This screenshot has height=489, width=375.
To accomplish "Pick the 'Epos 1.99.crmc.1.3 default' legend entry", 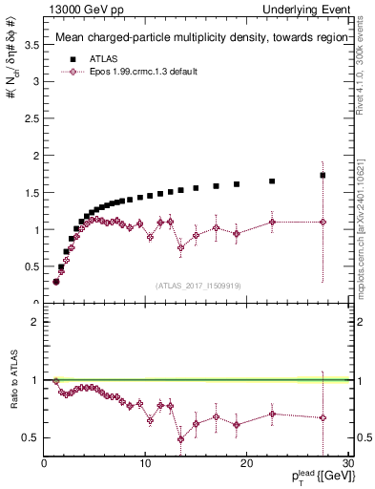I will (x=144, y=72).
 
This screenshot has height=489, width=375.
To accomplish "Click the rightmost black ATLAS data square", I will (x=323, y=175).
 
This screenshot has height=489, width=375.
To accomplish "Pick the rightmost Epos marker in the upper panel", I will (x=323, y=222).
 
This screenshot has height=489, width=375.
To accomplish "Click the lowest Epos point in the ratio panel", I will (x=180, y=439).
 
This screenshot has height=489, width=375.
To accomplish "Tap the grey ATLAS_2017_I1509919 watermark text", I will (x=198, y=285).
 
